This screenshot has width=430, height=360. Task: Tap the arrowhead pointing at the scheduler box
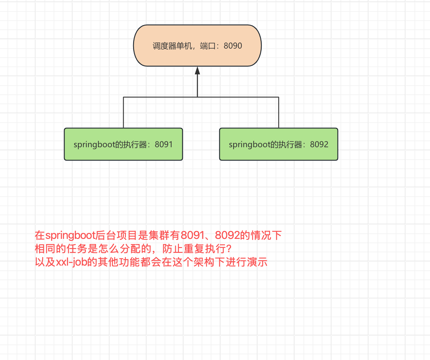point(197,70)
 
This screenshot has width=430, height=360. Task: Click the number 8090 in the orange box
point(233,46)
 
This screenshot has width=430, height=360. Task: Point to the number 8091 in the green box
point(164,144)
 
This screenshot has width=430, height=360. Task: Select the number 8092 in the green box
point(319,144)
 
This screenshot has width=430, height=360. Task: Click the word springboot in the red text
point(71,235)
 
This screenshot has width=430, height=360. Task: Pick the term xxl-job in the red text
point(72,262)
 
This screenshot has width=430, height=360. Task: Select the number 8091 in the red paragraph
point(193,235)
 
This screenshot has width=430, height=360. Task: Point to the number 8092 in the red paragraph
point(227,235)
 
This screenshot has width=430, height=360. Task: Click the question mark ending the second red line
point(229,249)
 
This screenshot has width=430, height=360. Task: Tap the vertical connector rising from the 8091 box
point(123,112)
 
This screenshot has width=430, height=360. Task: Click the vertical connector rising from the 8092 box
point(279,112)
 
